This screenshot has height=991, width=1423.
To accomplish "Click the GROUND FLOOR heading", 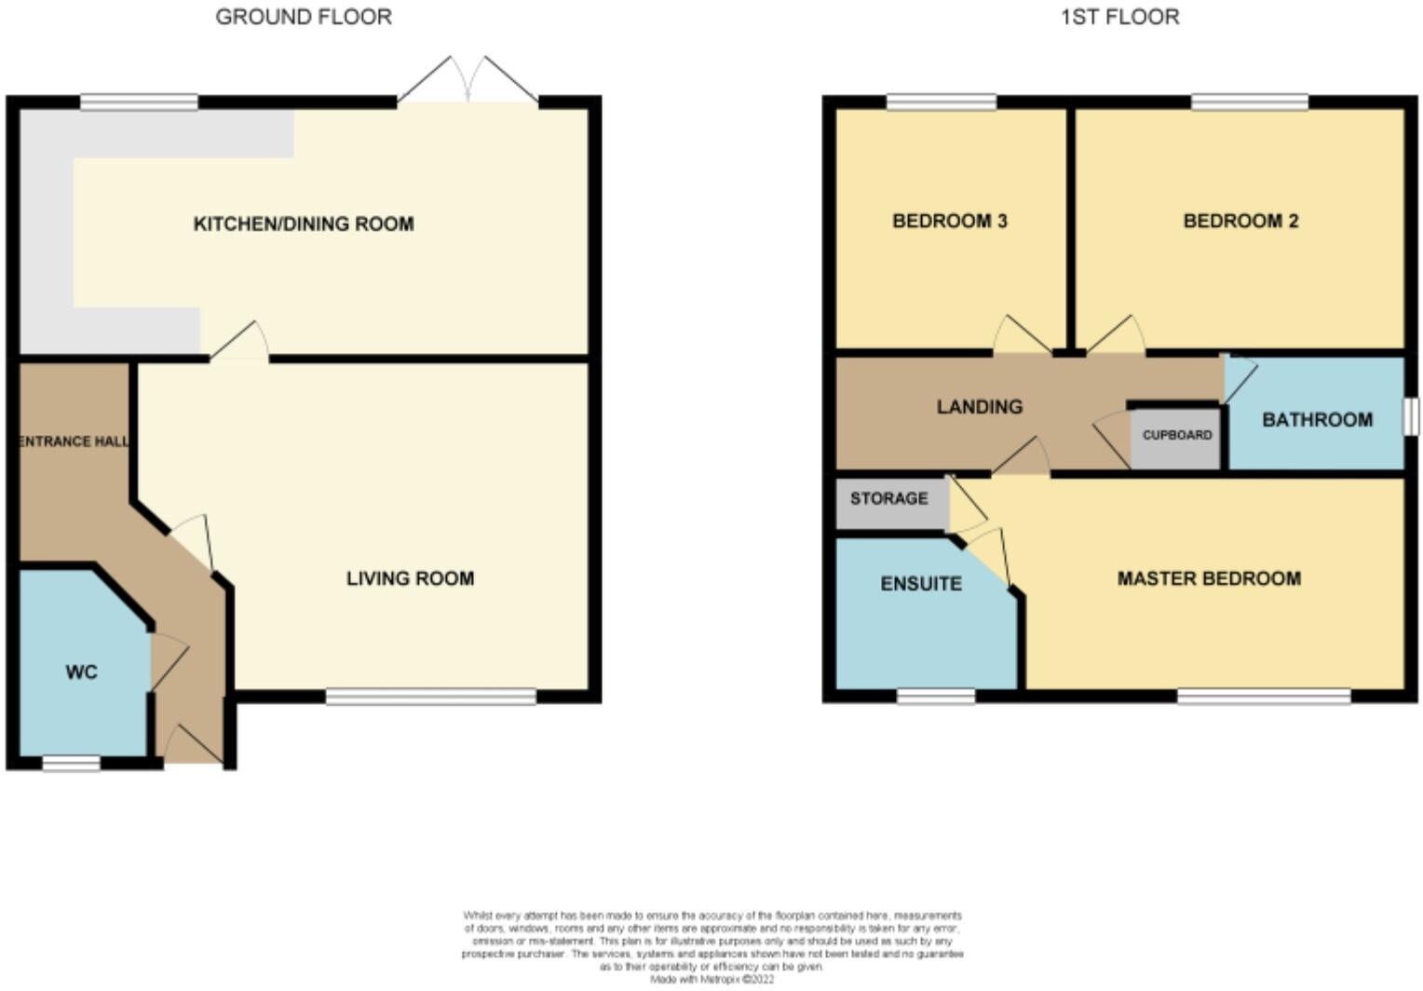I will click(x=304, y=17).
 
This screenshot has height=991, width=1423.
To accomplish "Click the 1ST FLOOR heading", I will click(x=1119, y=17).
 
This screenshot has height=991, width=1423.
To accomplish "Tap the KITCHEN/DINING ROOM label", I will click(x=304, y=224).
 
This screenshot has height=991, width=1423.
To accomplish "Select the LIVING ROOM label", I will click(x=410, y=578).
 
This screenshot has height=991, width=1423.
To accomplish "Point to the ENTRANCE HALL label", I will click(x=75, y=441).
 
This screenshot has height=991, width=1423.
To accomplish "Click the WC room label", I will click(x=81, y=672).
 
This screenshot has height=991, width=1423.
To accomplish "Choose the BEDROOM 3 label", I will click(x=949, y=221).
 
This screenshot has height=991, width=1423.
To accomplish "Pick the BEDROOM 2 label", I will click(x=1240, y=221).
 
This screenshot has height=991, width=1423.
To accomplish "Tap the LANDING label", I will click(x=980, y=406).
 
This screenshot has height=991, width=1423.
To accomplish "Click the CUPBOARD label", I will click(x=1177, y=435).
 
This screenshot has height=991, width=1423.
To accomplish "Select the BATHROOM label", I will click(x=1317, y=419).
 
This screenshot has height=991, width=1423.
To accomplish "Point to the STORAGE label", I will click(x=888, y=498).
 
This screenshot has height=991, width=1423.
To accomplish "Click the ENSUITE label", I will click(x=921, y=583).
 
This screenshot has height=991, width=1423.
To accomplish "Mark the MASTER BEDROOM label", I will click(x=1209, y=578).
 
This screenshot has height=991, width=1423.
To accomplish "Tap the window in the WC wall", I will click(x=72, y=764).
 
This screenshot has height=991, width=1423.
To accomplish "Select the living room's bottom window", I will click(x=430, y=696).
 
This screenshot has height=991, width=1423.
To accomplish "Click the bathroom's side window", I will click(x=1411, y=416).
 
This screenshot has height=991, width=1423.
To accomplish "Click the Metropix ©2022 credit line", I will click(x=711, y=980).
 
